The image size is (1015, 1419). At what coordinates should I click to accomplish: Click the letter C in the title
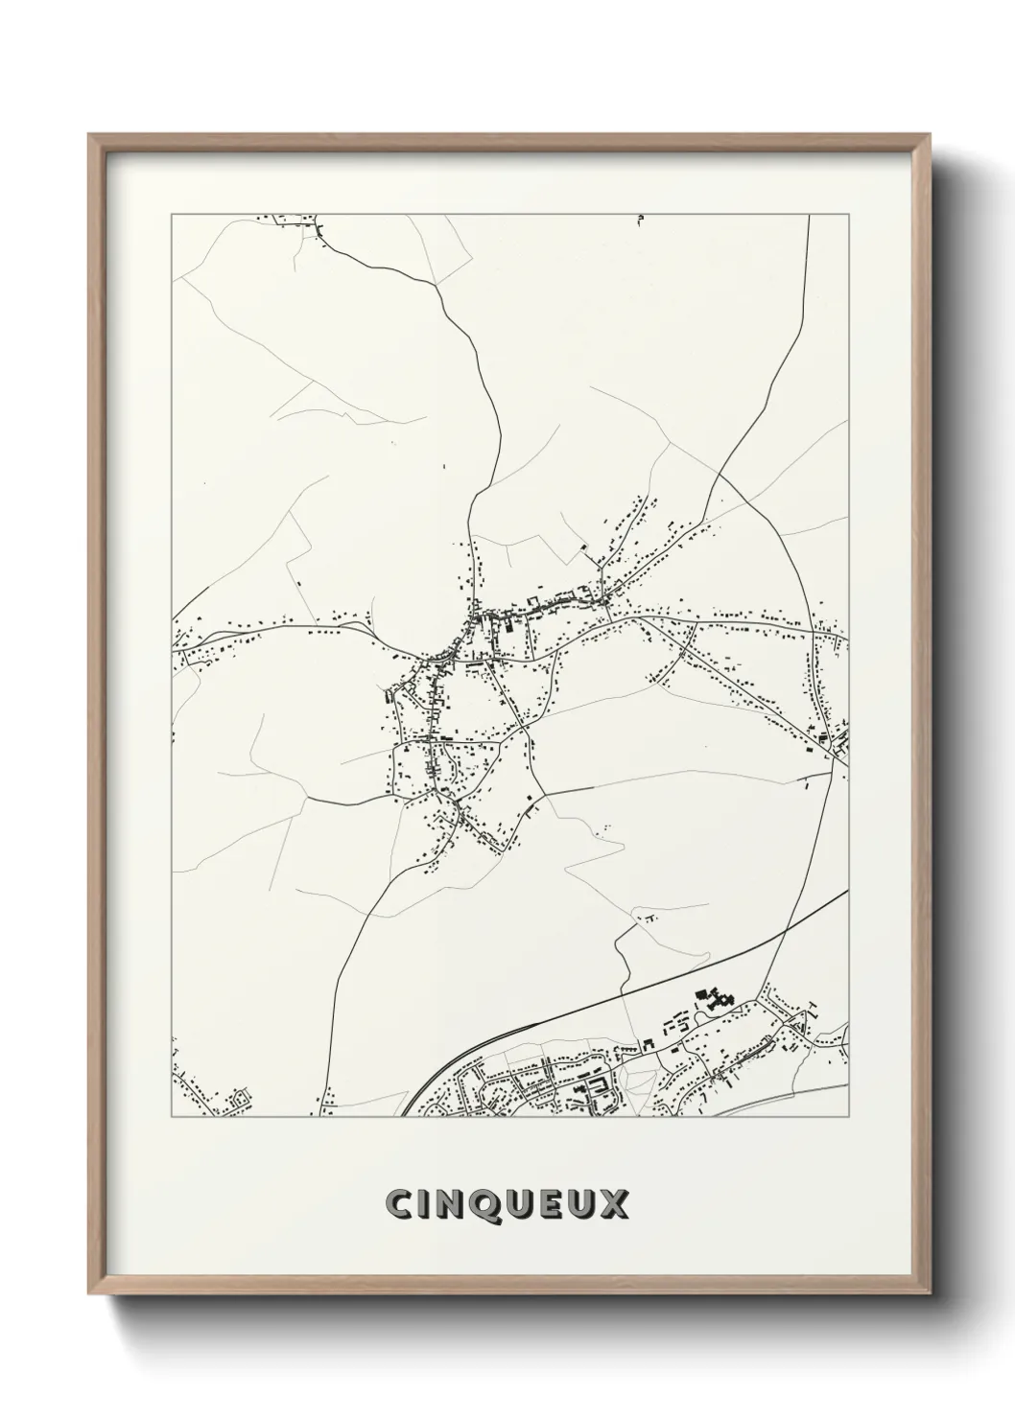point(398,1205)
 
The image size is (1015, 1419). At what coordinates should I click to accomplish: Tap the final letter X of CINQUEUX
point(614,1205)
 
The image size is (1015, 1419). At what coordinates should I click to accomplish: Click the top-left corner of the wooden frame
point(89,134)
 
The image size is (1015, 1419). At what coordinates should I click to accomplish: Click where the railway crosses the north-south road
point(786,929)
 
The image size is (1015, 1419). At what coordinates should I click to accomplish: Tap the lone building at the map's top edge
point(640,221)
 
